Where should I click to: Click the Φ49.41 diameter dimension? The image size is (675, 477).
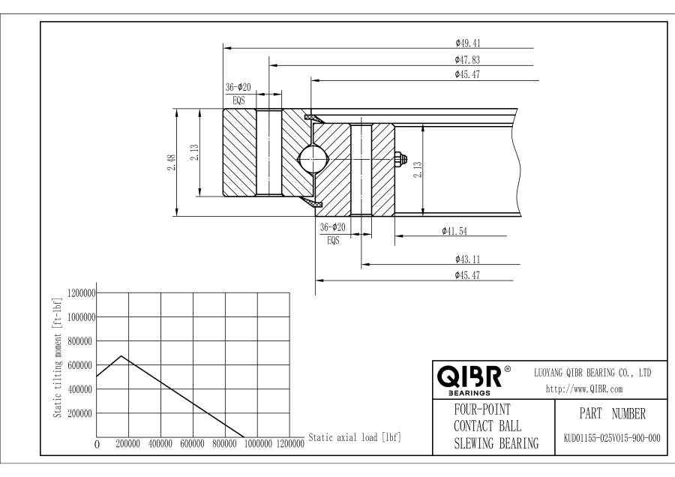point(467,43)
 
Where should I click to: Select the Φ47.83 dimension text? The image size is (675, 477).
point(467,60)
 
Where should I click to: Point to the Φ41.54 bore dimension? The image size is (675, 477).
point(454,231)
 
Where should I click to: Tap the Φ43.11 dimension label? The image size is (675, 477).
point(467,259)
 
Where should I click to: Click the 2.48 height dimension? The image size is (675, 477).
point(171,162)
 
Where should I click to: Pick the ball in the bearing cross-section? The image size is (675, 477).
point(313,159)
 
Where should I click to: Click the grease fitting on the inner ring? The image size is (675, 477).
point(400,158)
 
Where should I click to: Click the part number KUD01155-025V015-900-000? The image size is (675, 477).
point(612,438)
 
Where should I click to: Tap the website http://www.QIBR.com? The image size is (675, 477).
point(584,389)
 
